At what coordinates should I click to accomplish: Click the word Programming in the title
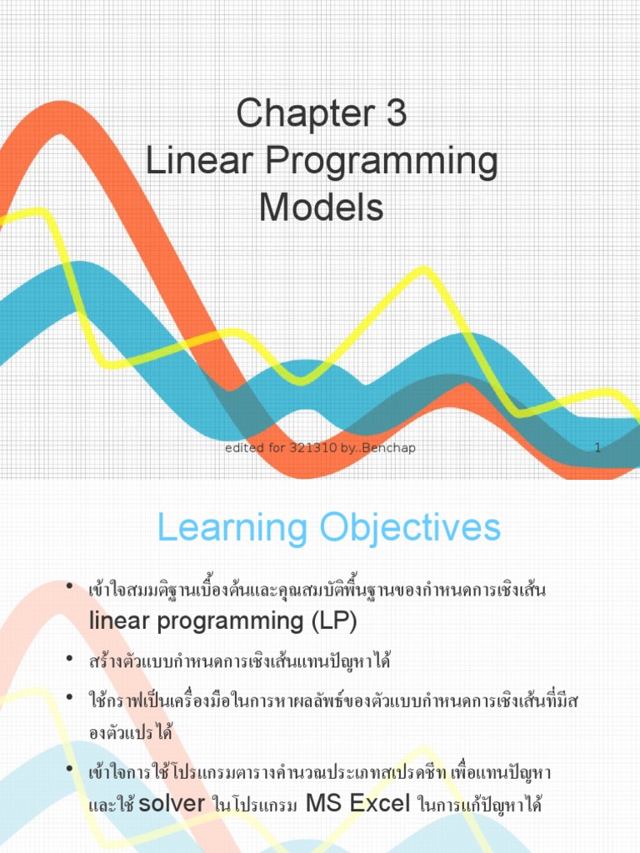380,162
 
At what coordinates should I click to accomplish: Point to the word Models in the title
321,208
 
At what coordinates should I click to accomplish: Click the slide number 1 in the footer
597,448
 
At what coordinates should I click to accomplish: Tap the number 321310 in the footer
313,448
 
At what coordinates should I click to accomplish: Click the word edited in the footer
243,448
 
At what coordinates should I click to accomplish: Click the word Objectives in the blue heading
407,528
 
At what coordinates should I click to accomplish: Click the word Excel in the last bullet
380,805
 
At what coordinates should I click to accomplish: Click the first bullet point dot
70,589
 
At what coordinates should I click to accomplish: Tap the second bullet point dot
70,661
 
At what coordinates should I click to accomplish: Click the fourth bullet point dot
70,771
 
